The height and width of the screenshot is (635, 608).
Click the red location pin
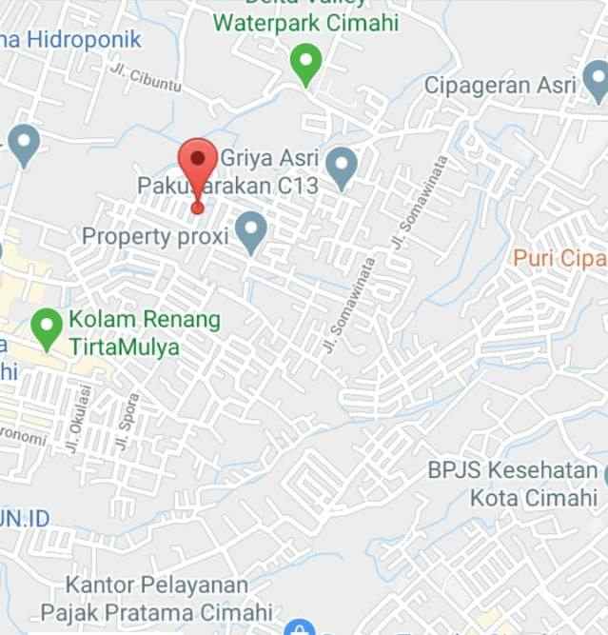click(x=197, y=164)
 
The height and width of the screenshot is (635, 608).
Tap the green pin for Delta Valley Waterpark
click(x=305, y=65)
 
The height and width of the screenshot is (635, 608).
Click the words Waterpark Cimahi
click(x=305, y=23)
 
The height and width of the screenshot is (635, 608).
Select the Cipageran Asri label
click(x=500, y=86)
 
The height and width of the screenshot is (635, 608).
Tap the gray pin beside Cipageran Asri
click(x=597, y=85)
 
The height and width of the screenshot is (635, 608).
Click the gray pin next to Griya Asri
click(x=341, y=168)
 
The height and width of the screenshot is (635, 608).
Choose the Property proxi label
click(x=155, y=235)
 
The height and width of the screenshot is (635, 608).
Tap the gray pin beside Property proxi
click(x=250, y=232)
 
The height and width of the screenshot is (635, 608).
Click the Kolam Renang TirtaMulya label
click(x=144, y=332)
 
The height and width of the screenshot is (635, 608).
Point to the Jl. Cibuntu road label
click(x=145, y=79)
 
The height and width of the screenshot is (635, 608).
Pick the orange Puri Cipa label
click(x=559, y=257)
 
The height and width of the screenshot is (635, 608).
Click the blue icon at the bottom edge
click(x=299, y=627)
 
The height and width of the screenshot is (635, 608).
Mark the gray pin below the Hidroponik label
click(x=23, y=145)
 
